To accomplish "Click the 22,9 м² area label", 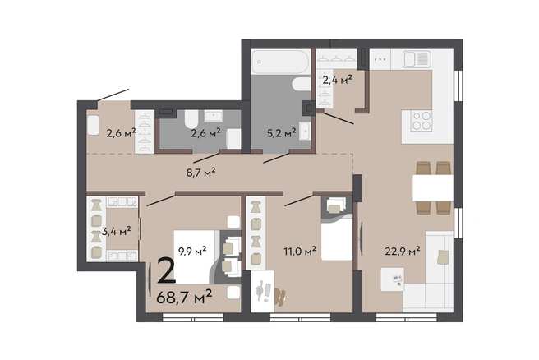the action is tap(403, 251).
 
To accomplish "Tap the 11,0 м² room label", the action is tap(300, 252).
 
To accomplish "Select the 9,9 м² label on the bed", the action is tap(192, 251).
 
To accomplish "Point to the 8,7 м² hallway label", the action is tap(200, 172).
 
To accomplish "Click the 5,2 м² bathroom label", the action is tap(282, 132).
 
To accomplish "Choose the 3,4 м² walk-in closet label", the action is tap(116, 231).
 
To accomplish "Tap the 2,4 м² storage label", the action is tap(337, 80).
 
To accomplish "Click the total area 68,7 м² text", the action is tap(184, 297).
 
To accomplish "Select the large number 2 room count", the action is tap(166, 271).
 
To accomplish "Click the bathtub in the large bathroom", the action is tap(280, 62).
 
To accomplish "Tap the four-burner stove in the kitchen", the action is tap(422, 121).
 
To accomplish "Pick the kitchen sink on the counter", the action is tap(417, 59).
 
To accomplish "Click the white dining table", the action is tap(433, 187).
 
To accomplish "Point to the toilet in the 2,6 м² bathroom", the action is tap(191, 118).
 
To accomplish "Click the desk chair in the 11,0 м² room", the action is tap(279, 297).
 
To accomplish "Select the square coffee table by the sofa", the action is tap(392, 279).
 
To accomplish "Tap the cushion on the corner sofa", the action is tap(443, 257).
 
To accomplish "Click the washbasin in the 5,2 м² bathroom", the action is tap(305, 131).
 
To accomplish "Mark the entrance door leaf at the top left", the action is tap(113, 95).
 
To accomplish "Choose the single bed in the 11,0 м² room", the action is tap(337, 228).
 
